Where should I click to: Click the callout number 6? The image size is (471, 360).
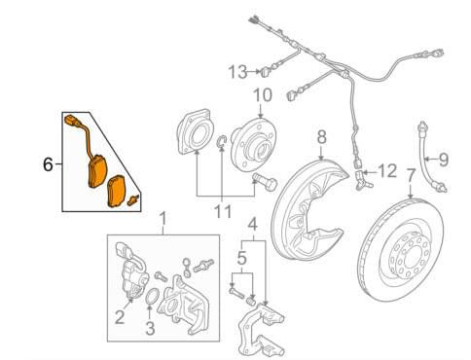point(48,164)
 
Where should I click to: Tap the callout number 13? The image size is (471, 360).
point(237,72)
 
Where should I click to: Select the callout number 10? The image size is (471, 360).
point(263,95)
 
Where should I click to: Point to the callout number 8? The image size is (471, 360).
point(321,137)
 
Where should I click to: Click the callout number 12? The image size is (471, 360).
point(387,170)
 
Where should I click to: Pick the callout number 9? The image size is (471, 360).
point(443,160)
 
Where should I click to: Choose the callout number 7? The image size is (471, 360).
point(411,175)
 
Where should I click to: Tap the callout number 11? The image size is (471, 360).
point(223,212)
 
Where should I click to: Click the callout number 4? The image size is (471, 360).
point(253,225)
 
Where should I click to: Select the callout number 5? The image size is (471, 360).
point(242,259)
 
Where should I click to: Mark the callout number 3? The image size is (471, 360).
point(150,328)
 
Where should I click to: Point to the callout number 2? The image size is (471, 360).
point(120,317)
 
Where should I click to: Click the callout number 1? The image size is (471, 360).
point(163,219)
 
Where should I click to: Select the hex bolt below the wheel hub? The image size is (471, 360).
point(265,183)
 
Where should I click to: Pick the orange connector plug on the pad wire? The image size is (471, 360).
point(72,121)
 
